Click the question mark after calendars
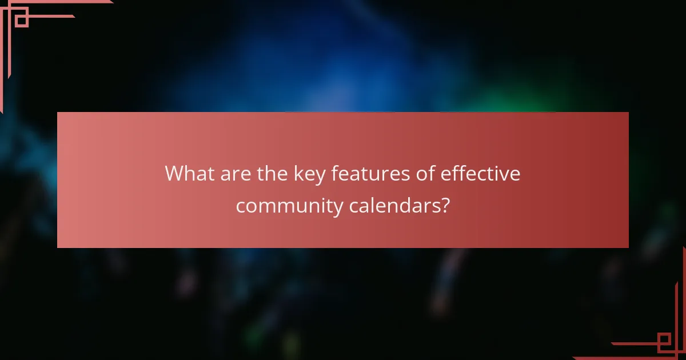pos(444,205)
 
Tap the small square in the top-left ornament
pos(21,20)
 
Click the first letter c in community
pos(241,206)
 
